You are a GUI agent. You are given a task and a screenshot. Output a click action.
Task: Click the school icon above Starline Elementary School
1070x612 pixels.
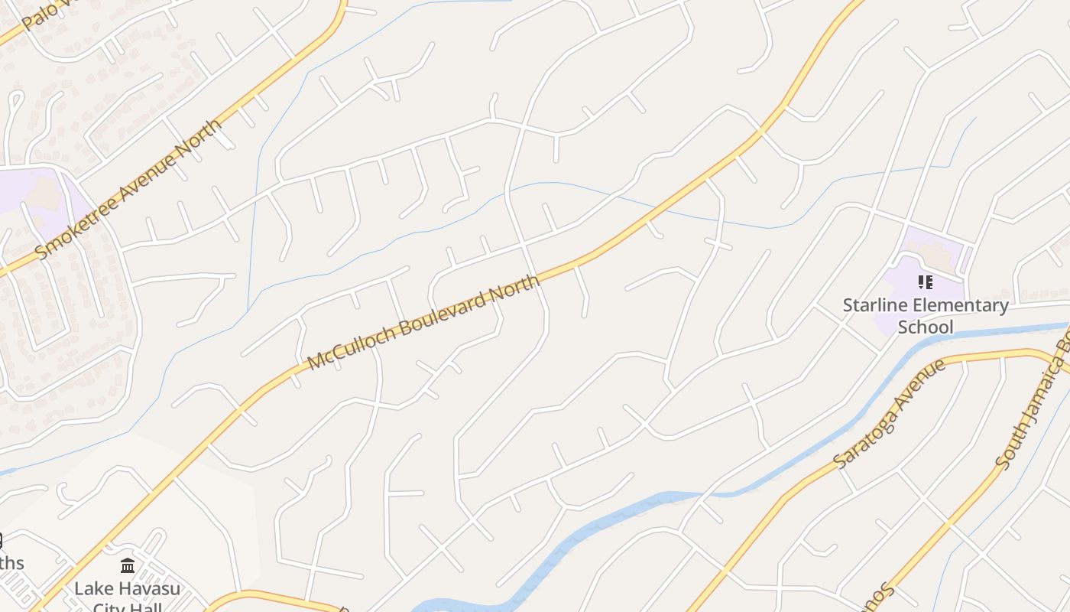(925, 282)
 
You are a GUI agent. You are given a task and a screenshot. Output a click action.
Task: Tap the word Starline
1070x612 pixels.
(871, 306)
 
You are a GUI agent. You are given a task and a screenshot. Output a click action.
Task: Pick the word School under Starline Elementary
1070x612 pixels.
(925, 327)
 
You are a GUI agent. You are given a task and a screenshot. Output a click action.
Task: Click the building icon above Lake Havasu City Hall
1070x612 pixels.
(128, 567)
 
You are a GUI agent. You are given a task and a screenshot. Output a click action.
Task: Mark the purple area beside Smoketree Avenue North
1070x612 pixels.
(38, 199)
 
